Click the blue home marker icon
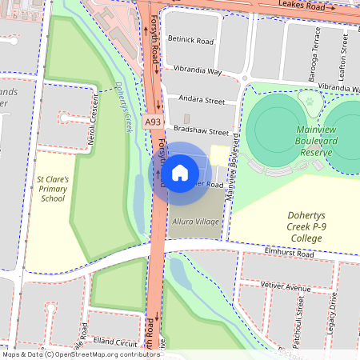click(180, 172)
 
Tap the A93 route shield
click(152, 122)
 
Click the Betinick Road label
click(191, 39)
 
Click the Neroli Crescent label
click(93, 121)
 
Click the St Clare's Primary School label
click(54, 189)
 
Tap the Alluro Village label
click(195, 221)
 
